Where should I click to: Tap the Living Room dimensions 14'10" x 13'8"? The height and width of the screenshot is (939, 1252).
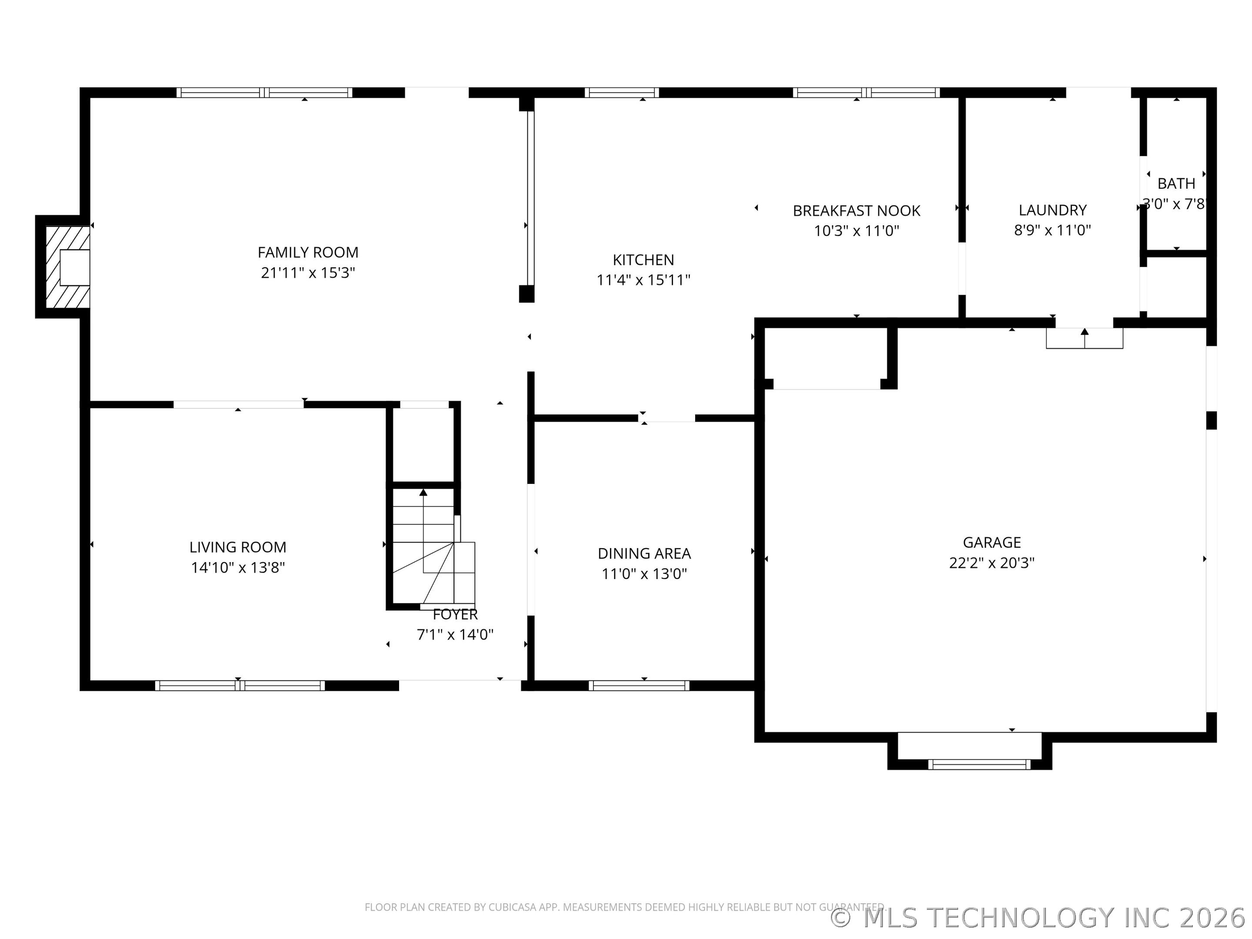(238, 567)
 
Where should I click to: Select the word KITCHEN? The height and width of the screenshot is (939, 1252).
(643, 260)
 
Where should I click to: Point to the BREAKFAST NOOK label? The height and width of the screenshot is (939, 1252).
(856, 210)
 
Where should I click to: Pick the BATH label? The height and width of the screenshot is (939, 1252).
(1176, 183)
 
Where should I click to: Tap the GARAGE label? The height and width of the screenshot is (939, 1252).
(992, 542)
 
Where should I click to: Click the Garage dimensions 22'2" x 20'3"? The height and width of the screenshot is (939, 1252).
(992, 563)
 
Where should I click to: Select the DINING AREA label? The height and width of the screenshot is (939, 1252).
(644, 553)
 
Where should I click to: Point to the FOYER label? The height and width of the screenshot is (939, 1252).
(455, 614)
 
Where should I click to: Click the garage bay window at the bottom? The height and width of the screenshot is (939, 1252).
(979, 764)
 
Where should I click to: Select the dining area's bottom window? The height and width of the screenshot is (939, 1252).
(639, 686)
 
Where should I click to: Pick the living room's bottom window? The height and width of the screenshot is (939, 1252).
(240, 686)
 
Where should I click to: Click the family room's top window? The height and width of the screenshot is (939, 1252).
(264, 92)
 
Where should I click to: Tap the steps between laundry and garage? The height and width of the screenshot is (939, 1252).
(1085, 339)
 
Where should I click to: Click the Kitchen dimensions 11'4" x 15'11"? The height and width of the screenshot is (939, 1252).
(643, 280)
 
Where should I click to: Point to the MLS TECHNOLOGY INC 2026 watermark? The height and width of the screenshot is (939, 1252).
(1040, 918)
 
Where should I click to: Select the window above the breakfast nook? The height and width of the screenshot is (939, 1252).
(866, 92)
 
